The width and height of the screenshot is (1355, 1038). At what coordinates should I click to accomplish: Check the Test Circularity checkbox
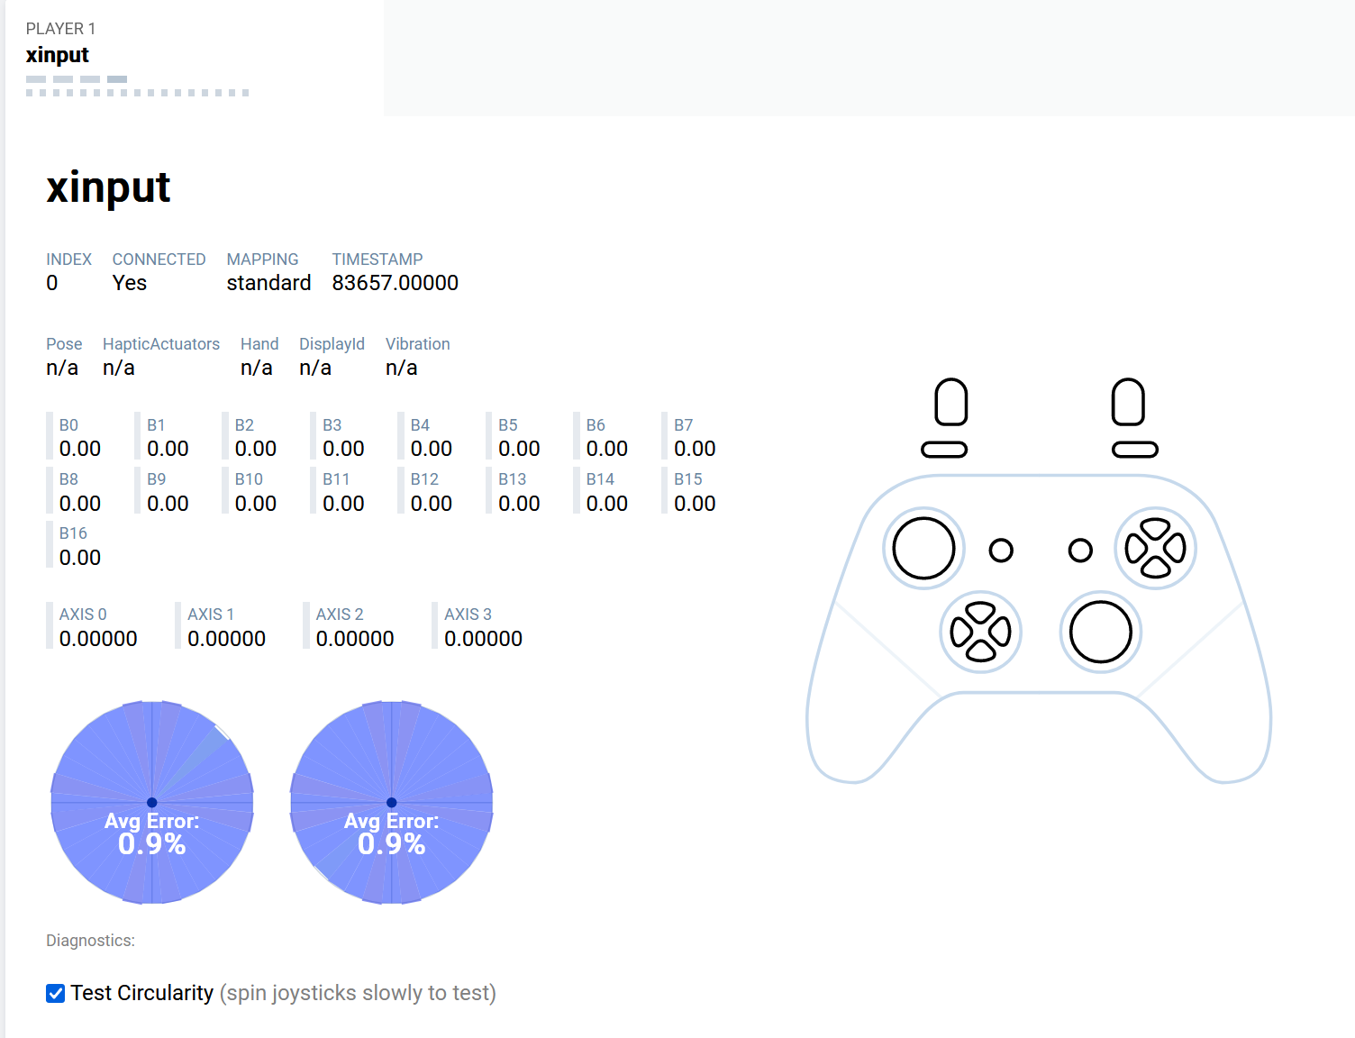click(55, 993)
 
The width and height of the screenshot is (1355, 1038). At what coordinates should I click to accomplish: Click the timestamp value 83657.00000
click(395, 283)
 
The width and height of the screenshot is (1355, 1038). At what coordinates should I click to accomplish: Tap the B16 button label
click(73, 533)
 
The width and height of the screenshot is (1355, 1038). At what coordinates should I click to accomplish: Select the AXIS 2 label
click(340, 615)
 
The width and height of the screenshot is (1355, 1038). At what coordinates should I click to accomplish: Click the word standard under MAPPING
click(268, 283)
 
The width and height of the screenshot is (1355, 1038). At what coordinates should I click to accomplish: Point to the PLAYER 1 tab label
click(60, 29)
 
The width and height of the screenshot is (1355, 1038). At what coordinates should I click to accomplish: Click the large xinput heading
click(108, 187)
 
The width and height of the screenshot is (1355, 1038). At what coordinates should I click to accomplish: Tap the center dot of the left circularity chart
click(152, 802)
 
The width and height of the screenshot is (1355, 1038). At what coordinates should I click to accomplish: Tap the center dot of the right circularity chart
click(392, 802)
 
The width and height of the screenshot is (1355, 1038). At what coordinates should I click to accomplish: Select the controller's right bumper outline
click(1135, 450)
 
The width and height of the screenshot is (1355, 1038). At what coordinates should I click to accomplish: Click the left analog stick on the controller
click(923, 549)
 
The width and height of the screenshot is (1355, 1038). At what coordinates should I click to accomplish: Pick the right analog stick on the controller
click(1101, 633)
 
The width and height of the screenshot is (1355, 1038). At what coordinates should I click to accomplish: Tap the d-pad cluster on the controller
click(980, 633)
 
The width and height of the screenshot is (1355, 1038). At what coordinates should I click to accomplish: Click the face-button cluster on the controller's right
click(1156, 549)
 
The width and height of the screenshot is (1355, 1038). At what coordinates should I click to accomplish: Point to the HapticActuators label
click(161, 344)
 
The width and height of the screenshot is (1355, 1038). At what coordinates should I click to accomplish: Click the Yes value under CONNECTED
click(129, 283)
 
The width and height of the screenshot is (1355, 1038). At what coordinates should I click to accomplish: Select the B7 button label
click(684, 425)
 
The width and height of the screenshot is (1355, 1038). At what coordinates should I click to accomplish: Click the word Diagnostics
click(90, 940)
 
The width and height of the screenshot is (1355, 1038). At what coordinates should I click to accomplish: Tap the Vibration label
click(417, 344)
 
